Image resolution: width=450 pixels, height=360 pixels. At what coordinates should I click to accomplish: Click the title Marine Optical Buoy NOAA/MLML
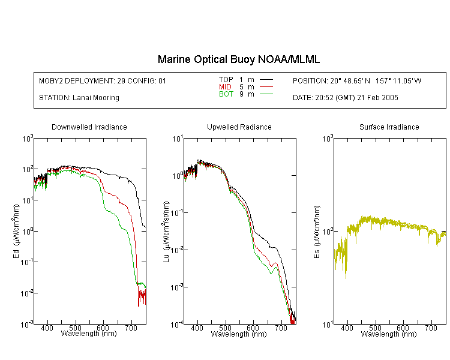(238, 59)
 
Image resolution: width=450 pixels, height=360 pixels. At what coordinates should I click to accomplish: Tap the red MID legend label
(225, 86)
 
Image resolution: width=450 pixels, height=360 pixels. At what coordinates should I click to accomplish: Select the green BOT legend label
(226, 94)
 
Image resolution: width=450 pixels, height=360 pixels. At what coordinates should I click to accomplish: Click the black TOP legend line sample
(266, 80)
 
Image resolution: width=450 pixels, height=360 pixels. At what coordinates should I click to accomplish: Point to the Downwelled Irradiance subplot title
(89, 127)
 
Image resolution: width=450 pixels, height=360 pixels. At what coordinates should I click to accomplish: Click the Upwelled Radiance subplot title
(239, 127)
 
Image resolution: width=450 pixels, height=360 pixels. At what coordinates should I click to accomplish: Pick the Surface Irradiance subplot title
(389, 127)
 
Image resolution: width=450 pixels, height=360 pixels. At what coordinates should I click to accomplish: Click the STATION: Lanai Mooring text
(79, 98)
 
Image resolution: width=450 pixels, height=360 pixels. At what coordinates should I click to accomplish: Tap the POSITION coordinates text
(357, 80)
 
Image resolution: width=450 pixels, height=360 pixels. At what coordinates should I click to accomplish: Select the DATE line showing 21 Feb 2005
(346, 98)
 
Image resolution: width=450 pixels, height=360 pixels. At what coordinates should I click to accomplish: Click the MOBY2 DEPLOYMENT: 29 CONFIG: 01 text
(103, 80)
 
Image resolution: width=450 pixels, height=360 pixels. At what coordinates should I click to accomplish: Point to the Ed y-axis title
(16, 231)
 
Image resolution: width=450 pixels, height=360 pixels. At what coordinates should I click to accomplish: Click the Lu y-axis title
(166, 232)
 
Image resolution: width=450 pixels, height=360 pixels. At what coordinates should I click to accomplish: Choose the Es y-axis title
(317, 232)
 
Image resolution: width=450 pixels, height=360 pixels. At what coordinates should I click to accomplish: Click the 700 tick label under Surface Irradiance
(431, 328)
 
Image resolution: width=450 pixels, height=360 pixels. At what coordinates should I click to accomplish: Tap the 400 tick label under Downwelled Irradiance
(47, 328)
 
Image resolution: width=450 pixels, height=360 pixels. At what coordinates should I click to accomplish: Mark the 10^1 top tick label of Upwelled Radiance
(178, 139)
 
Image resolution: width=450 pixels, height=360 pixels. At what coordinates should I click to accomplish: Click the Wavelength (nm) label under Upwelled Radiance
(239, 334)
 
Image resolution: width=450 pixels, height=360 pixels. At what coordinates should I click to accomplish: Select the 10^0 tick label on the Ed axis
(28, 232)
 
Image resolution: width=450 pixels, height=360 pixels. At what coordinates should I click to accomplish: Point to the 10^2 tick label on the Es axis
(328, 232)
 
